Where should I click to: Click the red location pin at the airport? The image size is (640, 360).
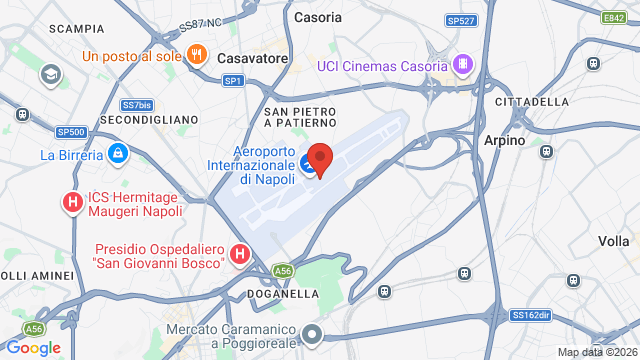(x=319, y=159)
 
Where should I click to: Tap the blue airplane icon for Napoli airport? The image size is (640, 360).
(x=309, y=163)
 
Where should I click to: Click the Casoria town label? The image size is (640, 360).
(x=318, y=17)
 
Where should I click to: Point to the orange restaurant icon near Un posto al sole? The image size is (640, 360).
(x=197, y=55)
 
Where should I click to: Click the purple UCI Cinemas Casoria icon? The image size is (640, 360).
(x=462, y=65)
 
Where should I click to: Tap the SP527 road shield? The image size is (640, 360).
(x=461, y=19)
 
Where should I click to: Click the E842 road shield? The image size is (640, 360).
(x=615, y=17)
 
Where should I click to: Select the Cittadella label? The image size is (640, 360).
(x=532, y=102)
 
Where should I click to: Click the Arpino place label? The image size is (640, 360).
(x=505, y=141)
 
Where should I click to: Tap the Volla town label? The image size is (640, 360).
(x=613, y=241)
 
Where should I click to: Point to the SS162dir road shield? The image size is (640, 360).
(x=531, y=315)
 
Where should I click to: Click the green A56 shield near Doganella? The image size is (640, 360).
(x=285, y=269)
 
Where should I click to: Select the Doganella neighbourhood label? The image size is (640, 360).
(x=284, y=294)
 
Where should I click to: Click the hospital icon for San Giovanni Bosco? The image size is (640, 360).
(x=240, y=255)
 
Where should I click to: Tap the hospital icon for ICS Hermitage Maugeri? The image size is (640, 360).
(x=73, y=203)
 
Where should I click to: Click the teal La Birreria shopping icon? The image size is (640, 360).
(x=118, y=154)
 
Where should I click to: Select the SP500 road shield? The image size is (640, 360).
(x=72, y=131)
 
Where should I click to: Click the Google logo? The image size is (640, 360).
(x=34, y=347)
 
